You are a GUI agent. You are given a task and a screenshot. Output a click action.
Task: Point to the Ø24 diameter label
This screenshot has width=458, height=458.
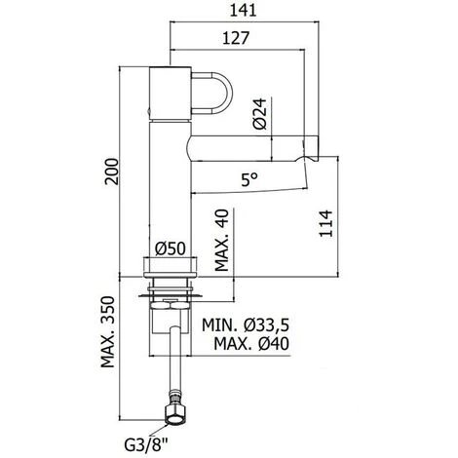tap(259, 117)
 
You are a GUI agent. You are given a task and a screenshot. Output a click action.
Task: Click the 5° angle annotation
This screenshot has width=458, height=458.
tap(250, 178)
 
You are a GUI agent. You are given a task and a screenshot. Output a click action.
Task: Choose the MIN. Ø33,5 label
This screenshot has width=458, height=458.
tap(248, 324)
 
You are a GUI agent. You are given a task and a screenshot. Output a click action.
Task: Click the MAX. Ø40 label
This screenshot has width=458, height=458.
tap(248, 344)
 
